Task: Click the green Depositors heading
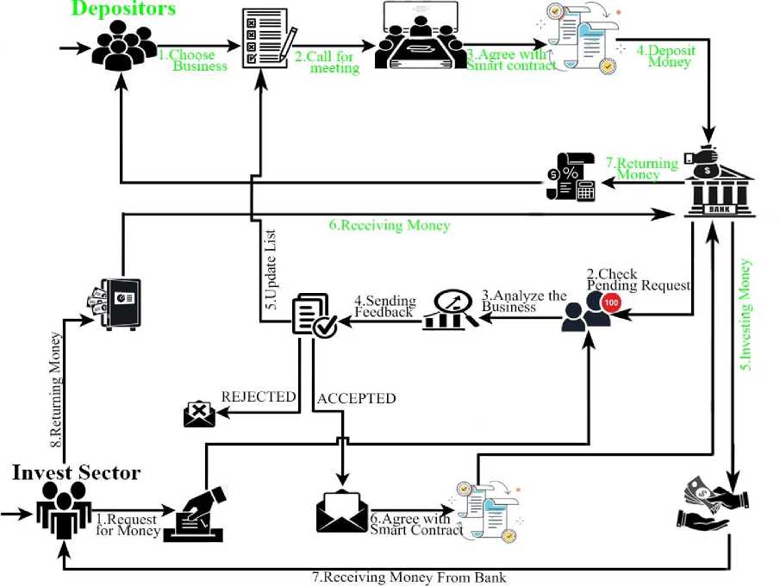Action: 123,9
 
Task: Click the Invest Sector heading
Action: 76,472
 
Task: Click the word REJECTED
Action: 259,397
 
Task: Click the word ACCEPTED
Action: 357,398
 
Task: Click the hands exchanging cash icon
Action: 713,505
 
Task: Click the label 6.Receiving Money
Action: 389,226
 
